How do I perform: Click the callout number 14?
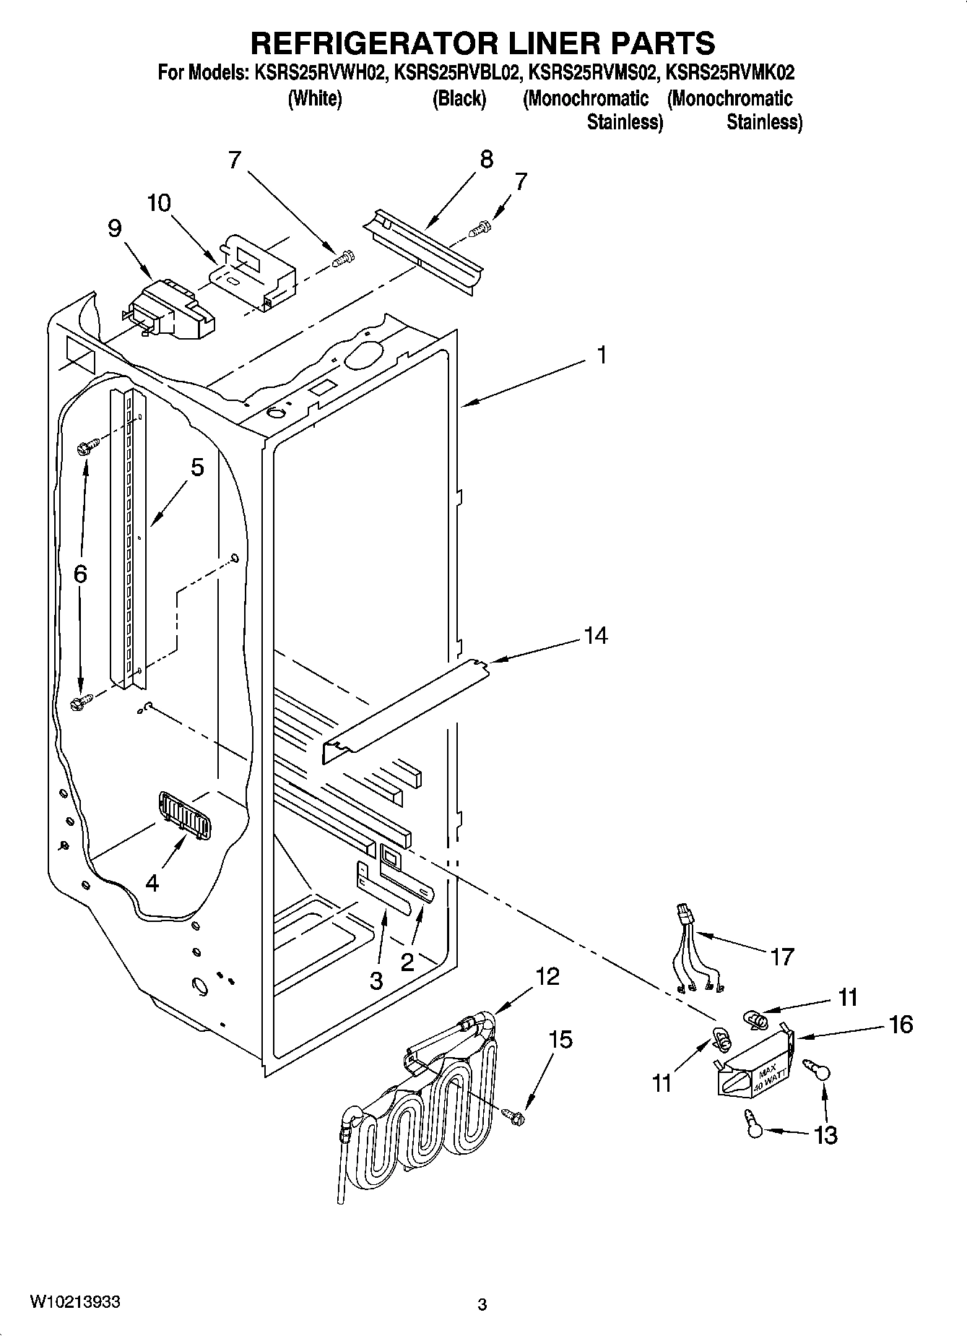coord(596,636)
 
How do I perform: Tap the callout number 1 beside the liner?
coord(601,355)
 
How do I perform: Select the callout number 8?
coord(486,160)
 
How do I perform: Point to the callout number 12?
coord(547,977)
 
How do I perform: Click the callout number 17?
coord(782,957)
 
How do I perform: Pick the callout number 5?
coord(197,467)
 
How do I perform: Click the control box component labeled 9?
coord(171,309)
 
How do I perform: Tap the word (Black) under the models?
coord(459,98)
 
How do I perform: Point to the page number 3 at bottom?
coord(482,1304)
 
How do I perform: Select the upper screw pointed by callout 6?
coord(83,448)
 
